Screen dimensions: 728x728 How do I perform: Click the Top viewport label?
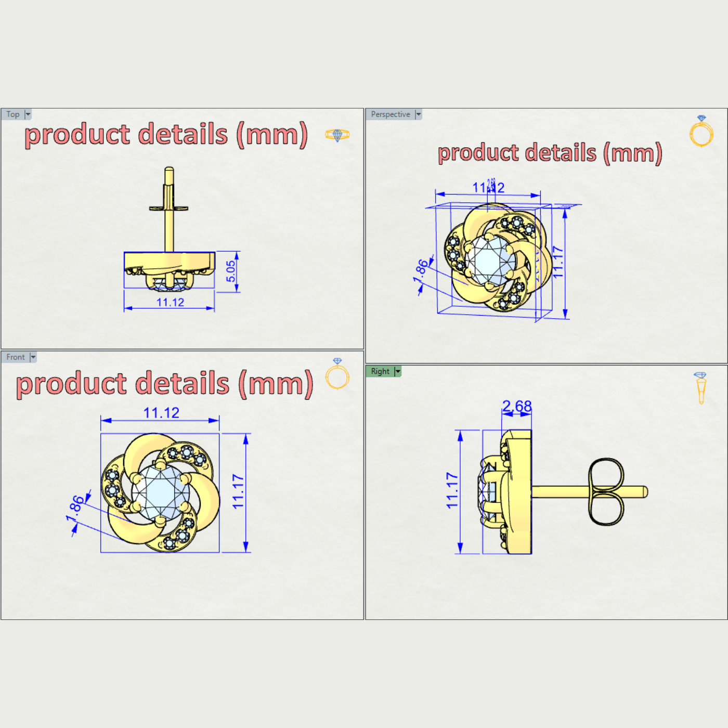coord(13,114)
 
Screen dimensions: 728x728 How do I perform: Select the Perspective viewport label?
coord(391,114)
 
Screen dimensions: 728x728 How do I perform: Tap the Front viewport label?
coord(16,357)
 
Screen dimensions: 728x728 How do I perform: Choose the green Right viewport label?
coord(380,371)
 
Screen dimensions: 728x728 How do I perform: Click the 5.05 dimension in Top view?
coord(231,271)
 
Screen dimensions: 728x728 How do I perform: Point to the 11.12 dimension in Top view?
coord(170,302)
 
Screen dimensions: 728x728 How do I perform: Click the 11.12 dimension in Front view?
coord(161,413)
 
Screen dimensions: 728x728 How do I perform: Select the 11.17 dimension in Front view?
coord(238,491)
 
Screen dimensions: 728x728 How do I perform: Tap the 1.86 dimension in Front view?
coord(75,508)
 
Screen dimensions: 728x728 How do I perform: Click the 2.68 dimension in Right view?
coord(517,406)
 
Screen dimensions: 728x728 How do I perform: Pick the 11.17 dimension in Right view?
coord(452,490)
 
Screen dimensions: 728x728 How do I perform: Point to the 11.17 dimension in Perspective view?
coord(557,262)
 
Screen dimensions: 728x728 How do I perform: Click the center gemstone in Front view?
coord(160,492)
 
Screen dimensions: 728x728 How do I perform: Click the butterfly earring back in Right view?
coord(606,491)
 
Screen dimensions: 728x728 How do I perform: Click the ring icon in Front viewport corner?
coord(337,374)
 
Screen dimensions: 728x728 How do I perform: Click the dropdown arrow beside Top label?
coord(28,114)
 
